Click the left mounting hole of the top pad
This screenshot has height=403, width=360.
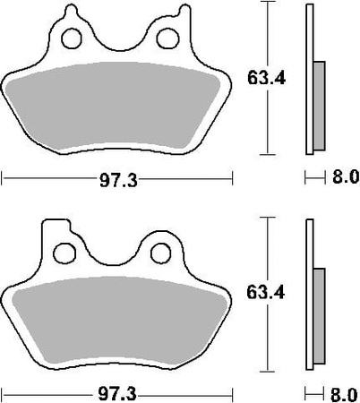pos(72,39)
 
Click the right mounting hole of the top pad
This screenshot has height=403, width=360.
pos(167,39)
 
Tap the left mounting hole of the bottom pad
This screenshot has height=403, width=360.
pos(64,253)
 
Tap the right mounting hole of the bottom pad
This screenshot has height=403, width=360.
pos(161,253)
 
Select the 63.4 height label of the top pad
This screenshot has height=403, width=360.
pos(266,79)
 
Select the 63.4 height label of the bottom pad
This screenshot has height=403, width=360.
pos(266,293)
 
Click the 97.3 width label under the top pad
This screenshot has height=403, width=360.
pos(118,180)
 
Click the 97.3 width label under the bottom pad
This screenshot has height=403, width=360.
pos(117,395)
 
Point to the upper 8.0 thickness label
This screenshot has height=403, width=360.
pos(346,177)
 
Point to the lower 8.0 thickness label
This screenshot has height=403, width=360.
pos(344,395)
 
